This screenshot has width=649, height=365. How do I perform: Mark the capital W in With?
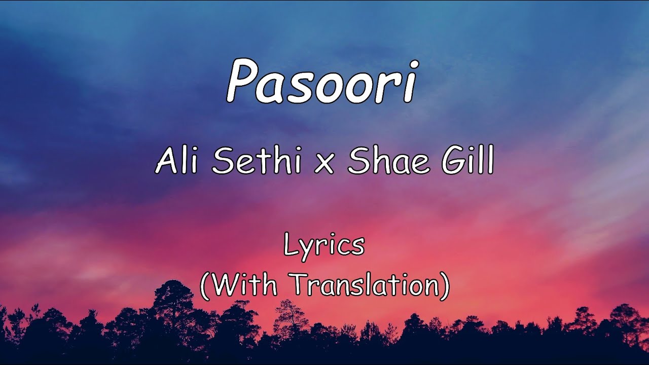[224, 285]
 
